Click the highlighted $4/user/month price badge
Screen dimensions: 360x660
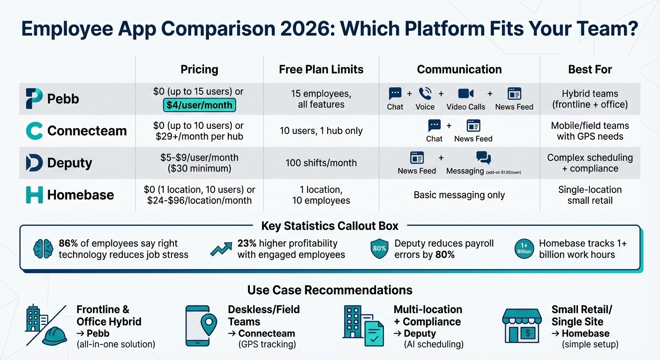click(199, 105)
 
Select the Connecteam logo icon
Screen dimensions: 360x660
click(34, 131)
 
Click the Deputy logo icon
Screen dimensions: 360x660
click(34, 163)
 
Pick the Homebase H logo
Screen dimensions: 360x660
click(34, 195)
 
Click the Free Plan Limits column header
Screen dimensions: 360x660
click(321, 69)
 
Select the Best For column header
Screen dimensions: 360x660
click(590, 69)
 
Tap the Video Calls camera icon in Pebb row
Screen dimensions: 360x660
click(465, 94)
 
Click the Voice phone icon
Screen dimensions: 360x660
click(425, 94)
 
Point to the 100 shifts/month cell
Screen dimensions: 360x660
click(321, 163)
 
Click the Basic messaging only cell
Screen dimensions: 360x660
click(459, 195)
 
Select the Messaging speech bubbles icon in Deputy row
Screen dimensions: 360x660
click(483, 157)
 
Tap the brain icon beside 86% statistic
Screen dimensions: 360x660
click(43, 249)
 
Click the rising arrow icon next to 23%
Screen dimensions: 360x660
click(221, 249)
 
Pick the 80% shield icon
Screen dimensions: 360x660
click(379, 249)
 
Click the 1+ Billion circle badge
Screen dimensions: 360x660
click(524, 249)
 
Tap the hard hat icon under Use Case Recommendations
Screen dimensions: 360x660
click(55, 335)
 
